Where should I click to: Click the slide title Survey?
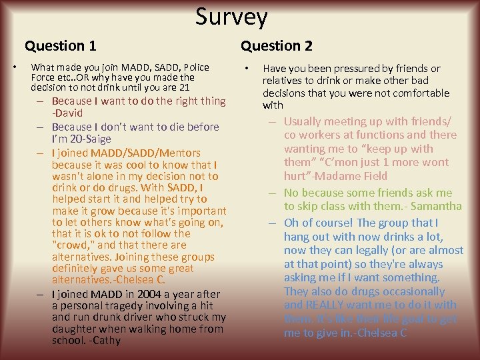pos(231,17)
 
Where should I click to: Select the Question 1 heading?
pos(61,46)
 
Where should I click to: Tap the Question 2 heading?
pos(276,46)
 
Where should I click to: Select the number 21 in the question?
pos(184,87)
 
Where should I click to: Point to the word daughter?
pos(76,329)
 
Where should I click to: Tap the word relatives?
pos(283,81)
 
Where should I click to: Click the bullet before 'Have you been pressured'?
pos(247,69)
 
